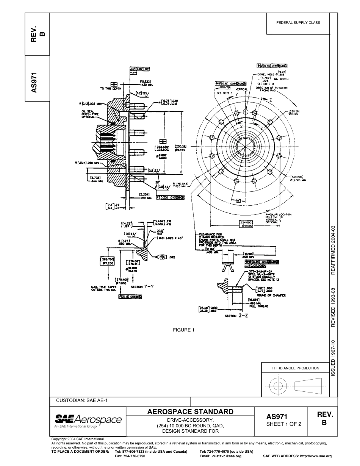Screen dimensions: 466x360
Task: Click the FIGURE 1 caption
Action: pyautogui.click(x=183, y=330)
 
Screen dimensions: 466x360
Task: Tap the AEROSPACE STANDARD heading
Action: pyautogui.click(x=190, y=412)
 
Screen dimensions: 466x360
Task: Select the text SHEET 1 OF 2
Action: pyautogui.click(x=284, y=424)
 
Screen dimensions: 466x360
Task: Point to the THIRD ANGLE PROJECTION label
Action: pyautogui.click(x=295, y=368)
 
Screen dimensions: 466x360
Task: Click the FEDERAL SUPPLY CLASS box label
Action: pyautogui.click(x=298, y=23)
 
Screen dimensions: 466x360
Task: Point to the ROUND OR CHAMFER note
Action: pyautogui.click(x=271, y=295)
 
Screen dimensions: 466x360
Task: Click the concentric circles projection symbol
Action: pyautogui.click(x=278, y=386)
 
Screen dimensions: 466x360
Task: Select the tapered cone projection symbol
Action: pyautogui.click(x=308, y=386)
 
